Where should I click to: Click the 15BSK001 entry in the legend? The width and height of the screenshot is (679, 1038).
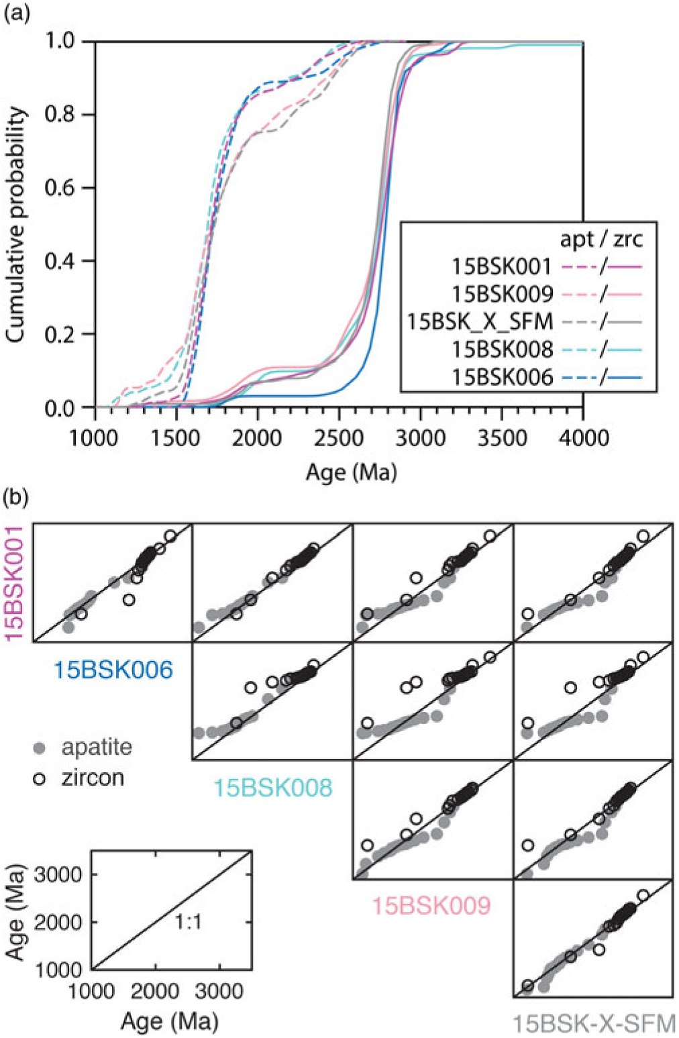coord(501,266)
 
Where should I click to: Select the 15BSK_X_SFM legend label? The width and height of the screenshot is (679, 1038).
coord(480,321)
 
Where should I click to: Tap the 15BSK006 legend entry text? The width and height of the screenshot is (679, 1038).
coord(501,377)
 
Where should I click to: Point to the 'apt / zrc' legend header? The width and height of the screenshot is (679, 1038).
coord(601,239)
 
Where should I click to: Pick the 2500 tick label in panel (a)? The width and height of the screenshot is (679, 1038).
coord(339,439)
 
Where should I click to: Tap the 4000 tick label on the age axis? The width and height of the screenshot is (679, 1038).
coord(581,439)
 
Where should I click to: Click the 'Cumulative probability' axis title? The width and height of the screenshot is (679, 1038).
coord(18,225)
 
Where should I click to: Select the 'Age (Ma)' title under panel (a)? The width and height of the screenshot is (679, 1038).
coord(351,472)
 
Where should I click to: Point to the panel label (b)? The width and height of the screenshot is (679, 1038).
coord(17,498)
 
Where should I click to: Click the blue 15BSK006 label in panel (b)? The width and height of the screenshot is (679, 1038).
coord(113,670)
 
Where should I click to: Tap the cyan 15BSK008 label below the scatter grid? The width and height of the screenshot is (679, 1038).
coord(272,787)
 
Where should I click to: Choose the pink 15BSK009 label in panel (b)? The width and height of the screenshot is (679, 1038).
coord(431,906)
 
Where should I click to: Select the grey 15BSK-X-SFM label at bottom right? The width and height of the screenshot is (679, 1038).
coord(594,1024)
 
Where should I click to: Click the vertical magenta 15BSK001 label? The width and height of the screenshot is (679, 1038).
coord(15,582)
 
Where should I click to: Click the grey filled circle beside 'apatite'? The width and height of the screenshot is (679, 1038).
coord(40,747)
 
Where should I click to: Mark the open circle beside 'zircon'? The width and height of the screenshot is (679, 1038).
coord(40,778)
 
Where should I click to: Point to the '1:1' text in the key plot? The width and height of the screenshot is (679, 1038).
coord(189,923)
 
